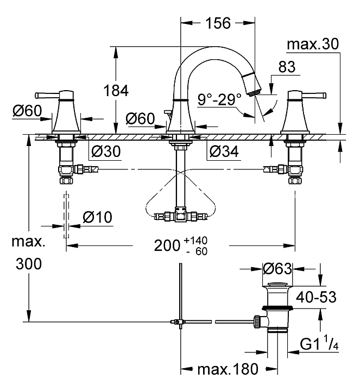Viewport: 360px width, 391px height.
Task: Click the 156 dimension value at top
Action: (x=218, y=23)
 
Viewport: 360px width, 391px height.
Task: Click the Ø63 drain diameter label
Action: (x=277, y=268)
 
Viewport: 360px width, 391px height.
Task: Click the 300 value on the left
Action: (x=29, y=264)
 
